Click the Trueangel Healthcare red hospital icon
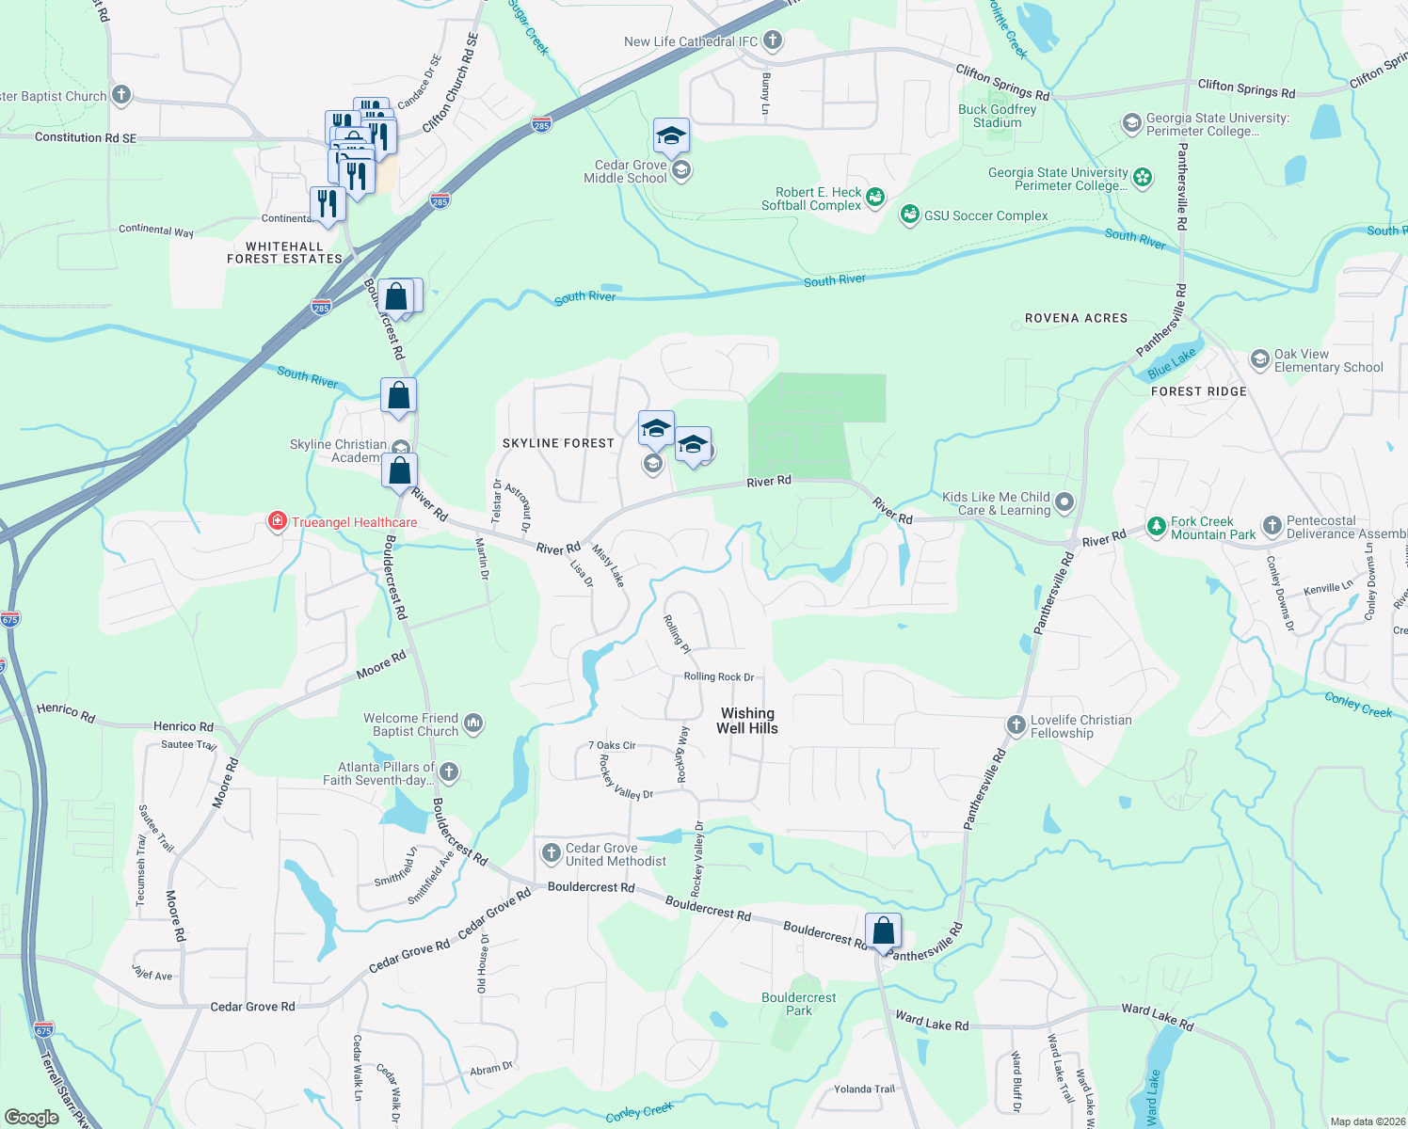[277, 521]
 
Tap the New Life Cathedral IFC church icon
[773, 40]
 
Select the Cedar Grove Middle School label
[626, 171]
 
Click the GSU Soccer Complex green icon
[909, 215]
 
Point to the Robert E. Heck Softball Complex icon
[875, 198]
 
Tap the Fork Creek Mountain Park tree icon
[1156, 527]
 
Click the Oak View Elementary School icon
[1259, 360]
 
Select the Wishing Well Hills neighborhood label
[747, 721]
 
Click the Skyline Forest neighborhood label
[558, 443]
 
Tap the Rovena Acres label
[1076, 318]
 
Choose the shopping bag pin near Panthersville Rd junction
[883, 931]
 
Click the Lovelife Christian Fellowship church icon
[1016, 725]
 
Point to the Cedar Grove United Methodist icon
[551, 853]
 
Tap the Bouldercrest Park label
[798, 1004]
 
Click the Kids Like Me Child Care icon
[1064, 502]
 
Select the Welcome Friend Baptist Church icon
[473, 724]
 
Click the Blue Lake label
[1172, 362]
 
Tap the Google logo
[32, 1118]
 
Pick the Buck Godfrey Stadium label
[998, 116]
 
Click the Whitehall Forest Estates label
[284, 252]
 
